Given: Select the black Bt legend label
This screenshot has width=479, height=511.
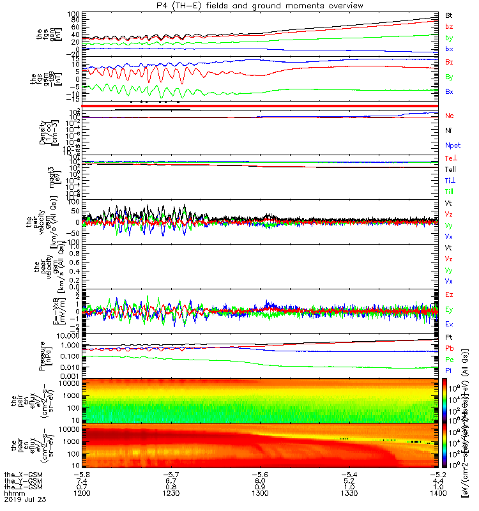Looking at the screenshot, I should pos(449,14).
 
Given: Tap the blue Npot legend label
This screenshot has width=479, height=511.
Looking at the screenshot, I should pos(452,146).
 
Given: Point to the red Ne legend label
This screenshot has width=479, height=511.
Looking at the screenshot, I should pos(450,116).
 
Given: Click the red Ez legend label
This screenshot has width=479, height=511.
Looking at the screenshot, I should pos(449,295).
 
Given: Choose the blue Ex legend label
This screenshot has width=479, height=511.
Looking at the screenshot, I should pos(449,324).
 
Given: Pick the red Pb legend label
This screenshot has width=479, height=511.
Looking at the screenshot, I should pos(449,348).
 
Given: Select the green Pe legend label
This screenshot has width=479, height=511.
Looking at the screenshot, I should pos(449,360).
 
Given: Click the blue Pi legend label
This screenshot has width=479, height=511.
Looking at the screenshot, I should pos(448,370).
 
